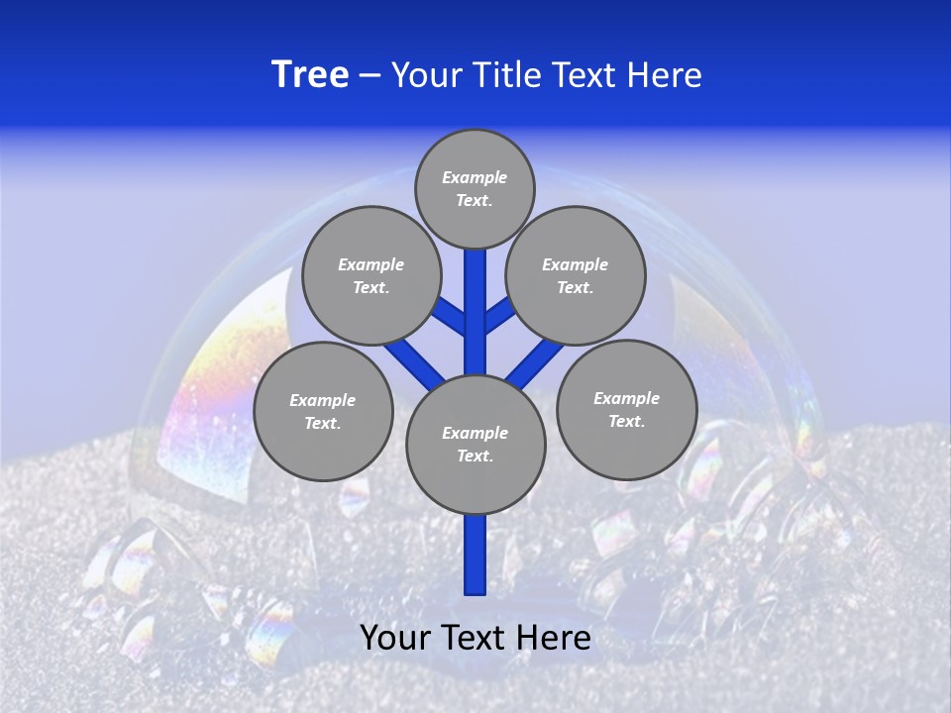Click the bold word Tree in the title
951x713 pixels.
click(x=310, y=75)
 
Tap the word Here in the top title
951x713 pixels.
click(x=665, y=75)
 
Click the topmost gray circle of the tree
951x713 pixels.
click(x=475, y=188)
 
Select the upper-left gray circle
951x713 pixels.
click(x=370, y=275)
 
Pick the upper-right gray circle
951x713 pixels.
click(x=576, y=275)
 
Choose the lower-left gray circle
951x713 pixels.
click(x=323, y=411)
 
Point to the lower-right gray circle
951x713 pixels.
click(x=626, y=409)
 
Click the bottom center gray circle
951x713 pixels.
click(x=475, y=444)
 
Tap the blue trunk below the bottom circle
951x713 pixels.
click(x=475, y=557)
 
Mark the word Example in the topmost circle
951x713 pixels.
click(x=475, y=177)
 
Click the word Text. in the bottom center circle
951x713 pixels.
click(x=475, y=456)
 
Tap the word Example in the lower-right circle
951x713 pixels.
click(x=626, y=398)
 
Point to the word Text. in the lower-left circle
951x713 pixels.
click(x=322, y=423)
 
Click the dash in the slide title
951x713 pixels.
click(x=370, y=75)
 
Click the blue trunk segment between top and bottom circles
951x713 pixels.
click(x=475, y=317)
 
